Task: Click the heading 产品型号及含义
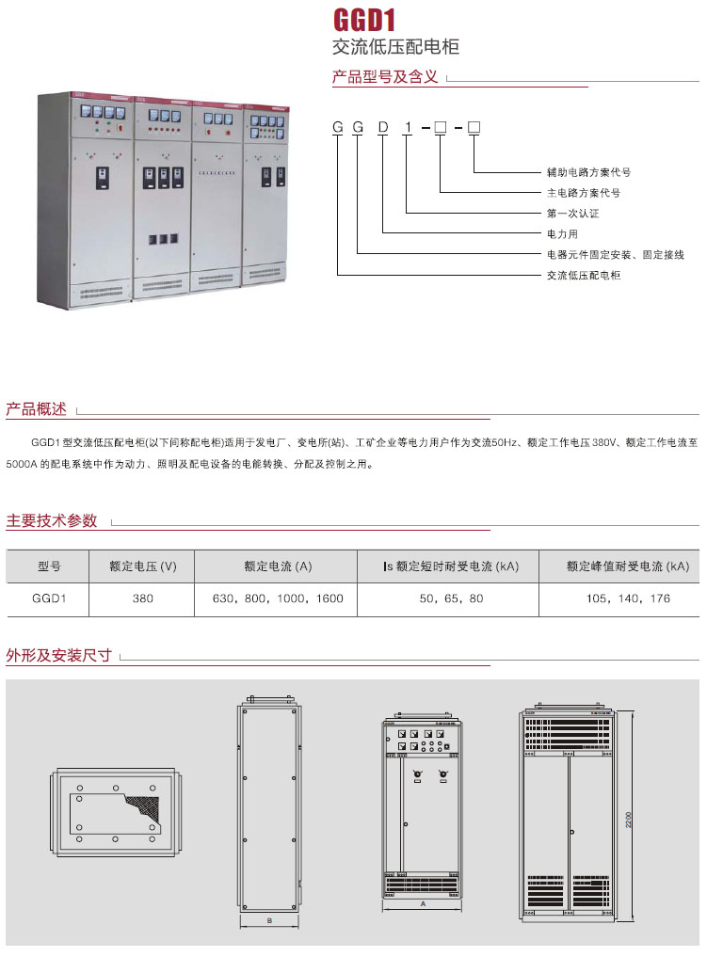point(386,77)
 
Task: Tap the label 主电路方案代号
point(584,193)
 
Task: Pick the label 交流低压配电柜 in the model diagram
point(584,275)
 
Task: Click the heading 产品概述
point(37,409)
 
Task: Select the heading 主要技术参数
point(52,520)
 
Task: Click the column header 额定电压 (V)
point(143,566)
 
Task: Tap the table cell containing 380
point(143,598)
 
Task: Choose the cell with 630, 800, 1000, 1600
point(278,598)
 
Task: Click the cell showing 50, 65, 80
point(450,598)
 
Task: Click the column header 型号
point(49,566)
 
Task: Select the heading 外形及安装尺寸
point(59,655)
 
